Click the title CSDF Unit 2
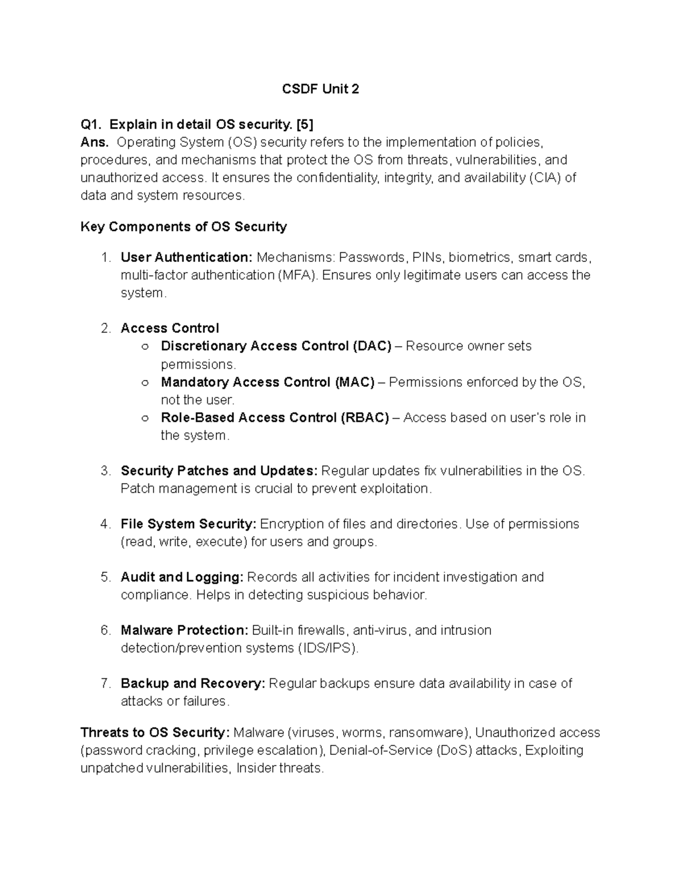(x=321, y=89)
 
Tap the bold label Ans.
(x=94, y=142)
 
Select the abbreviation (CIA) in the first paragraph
(x=545, y=177)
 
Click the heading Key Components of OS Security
(x=183, y=226)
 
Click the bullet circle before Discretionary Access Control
(x=145, y=346)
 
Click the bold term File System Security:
(x=189, y=524)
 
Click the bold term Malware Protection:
(x=184, y=630)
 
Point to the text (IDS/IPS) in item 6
(x=327, y=648)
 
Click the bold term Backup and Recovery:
(x=193, y=683)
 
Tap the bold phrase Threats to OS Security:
(x=155, y=732)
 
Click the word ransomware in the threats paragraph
(x=425, y=732)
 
